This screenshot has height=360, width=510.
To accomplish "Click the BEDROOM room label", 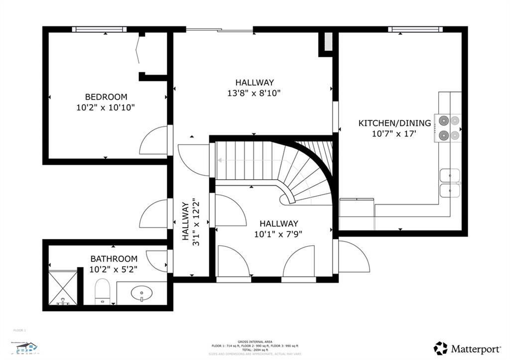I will click(x=106, y=97).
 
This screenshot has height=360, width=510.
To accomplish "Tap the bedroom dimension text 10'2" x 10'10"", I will click(x=106, y=107).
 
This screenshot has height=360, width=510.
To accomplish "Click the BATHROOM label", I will click(x=114, y=259).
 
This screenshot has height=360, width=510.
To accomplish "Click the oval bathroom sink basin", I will click(x=141, y=293).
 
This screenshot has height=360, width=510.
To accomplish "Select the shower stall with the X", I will click(x=63, y=287).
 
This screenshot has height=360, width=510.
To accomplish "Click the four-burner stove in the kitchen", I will click(x=448, y=128).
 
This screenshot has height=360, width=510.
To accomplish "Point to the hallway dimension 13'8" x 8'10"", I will click(x=254, y=93).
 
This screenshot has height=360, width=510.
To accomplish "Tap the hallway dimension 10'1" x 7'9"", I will click(x=278, y=234).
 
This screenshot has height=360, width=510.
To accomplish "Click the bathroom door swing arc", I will click(x=157, y=261).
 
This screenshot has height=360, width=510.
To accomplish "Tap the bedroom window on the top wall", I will click(x=99, y=29).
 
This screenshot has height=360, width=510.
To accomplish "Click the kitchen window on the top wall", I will click(x=415, y=29).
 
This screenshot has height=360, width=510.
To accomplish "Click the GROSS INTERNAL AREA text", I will click(x=255, y=342).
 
